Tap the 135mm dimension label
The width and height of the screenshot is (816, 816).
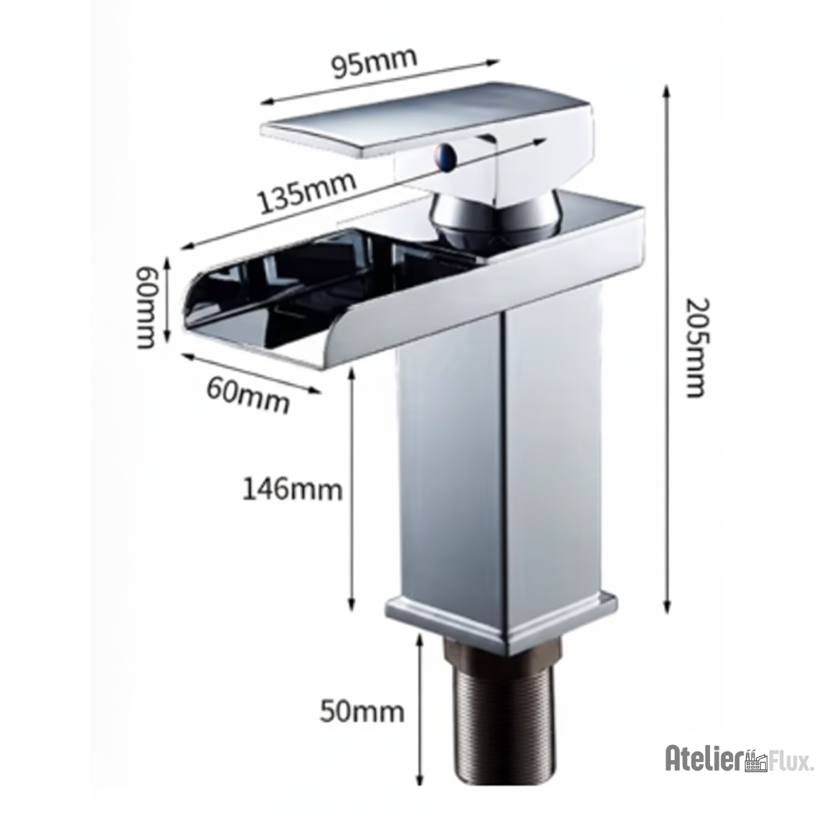tap(306, 194)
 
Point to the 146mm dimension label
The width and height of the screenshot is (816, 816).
tap(292, 488)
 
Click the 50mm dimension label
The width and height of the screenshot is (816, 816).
tap(362, 709)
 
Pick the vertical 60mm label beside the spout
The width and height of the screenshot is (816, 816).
tap(146, 306)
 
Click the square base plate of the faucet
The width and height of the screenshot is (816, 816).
tap(502, 618)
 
